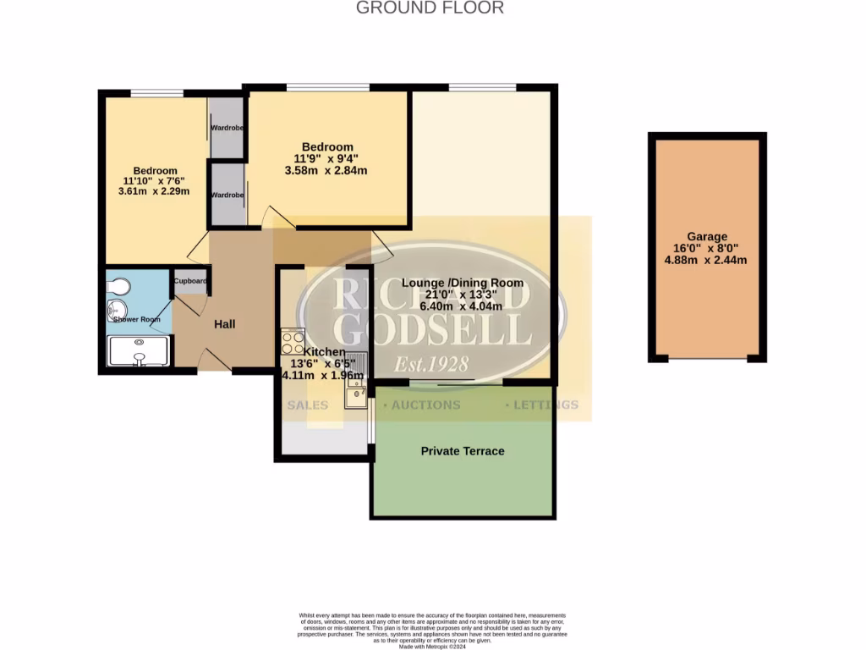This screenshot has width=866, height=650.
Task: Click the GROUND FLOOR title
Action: point(430,8)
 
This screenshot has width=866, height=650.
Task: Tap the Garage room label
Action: point(706,238)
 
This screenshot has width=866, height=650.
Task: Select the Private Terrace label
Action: point(463,451)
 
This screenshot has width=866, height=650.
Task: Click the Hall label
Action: point(224,324)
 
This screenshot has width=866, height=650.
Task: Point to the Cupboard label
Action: point(191,281)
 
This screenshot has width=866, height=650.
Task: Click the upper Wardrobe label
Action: point(227,129)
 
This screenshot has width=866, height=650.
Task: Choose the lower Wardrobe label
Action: point(227,195)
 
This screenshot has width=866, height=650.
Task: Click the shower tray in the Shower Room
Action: point(140,350)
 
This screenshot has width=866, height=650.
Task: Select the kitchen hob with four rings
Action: point(293,341)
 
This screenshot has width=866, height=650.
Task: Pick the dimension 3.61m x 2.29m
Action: point(154,191)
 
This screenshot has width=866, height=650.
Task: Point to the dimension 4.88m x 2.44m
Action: point(706,260)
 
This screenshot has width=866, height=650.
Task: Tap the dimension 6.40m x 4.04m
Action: point(463,306)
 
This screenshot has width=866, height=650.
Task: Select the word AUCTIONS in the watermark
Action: point(425,405)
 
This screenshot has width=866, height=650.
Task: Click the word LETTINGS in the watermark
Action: point(545,405)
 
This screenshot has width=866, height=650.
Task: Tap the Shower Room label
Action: point(138,319)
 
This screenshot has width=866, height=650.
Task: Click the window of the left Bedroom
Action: point(157,93)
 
